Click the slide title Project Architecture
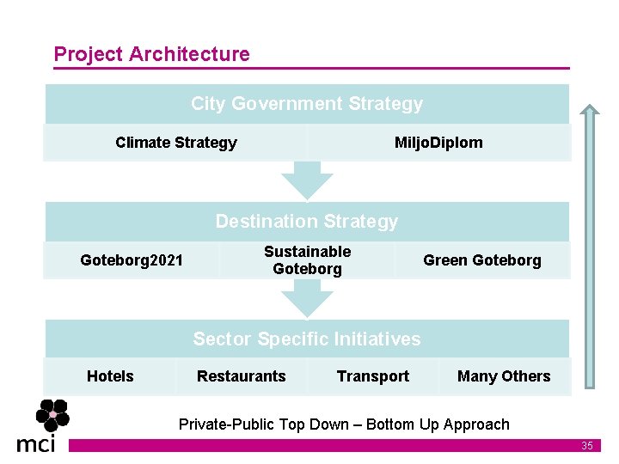click(151, 54)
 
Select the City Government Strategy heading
click(307, 104)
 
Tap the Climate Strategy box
click(175, 143)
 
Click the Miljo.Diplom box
click(438, 143)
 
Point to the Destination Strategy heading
click(307, 222)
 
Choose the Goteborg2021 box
click(132, 259)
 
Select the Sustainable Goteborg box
click(307, 259)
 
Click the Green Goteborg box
click(482, 259)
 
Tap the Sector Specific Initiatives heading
click(307, 339)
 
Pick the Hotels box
click(110, 376)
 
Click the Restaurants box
click(242, 376)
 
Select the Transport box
click(373, 376)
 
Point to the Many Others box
click(504, 376)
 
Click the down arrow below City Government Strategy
click(307, 180)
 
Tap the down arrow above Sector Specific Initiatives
click(307, 298)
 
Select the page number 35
click(587, 446)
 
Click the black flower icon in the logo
click(52, 417)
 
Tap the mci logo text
click(36, 443)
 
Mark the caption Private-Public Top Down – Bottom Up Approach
click(344, 424)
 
